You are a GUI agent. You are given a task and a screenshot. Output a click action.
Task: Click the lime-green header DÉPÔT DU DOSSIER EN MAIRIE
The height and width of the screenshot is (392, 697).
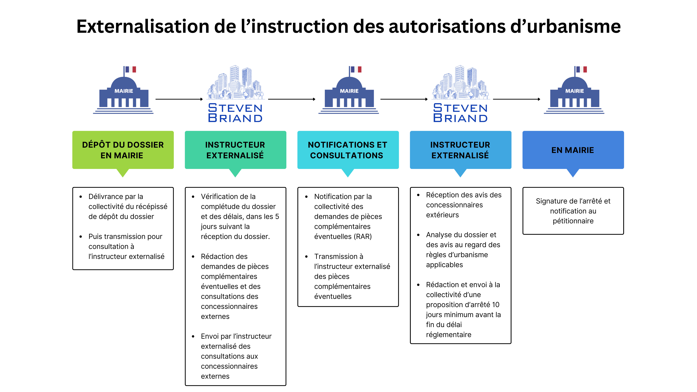(x=123, y=150)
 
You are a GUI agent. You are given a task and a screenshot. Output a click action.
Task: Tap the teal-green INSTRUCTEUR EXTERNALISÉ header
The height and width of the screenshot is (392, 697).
(x=235, y=150)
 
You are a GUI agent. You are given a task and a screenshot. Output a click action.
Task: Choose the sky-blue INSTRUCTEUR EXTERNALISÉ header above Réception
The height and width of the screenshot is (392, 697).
(x=460, y=150)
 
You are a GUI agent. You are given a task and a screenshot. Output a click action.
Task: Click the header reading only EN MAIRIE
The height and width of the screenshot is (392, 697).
(x=573, y=150)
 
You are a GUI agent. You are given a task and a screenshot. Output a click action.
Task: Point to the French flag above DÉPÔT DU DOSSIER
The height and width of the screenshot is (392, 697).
(x=131, y=70)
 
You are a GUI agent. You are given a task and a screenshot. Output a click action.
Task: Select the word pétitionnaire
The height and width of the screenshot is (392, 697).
(x=573, y=221)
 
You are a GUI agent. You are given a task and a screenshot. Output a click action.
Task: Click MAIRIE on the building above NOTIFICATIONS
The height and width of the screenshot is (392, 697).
(x=349, y=91)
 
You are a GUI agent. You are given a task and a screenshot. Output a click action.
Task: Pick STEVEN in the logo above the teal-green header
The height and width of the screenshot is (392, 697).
(x=235, y=108)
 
